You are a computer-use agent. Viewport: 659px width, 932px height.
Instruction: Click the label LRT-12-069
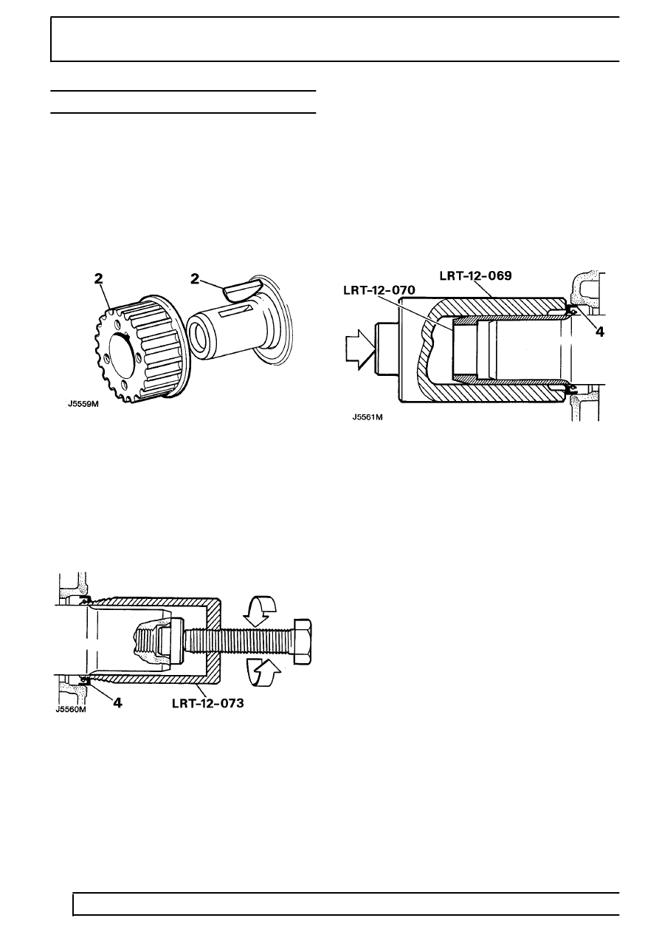(x=476, y=276)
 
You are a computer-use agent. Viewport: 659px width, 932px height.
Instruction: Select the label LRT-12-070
(x=379, y=289)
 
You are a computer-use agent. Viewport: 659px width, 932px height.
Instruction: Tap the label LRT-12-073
(x=208, y=703)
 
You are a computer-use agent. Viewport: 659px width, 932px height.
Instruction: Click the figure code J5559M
(x=83, y=404)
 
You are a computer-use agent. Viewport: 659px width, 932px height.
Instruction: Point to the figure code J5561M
(x=368, y=417)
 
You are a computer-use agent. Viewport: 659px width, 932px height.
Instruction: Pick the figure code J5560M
(x=71, y=710)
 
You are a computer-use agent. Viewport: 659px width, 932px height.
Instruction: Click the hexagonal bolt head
(x=303, y=641)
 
